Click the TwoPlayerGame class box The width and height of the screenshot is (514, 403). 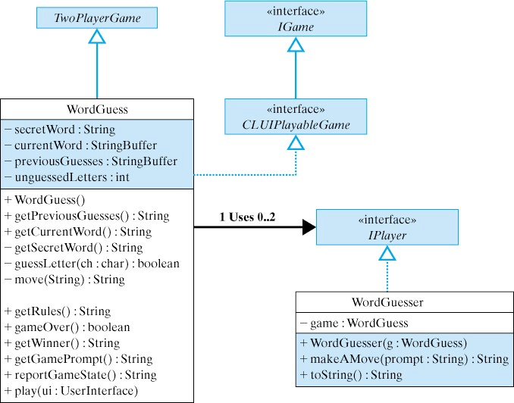98,17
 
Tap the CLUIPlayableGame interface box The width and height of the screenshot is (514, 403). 296,117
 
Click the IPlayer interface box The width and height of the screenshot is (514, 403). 387,228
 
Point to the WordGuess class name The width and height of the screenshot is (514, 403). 97,109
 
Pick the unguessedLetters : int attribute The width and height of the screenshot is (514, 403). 67,177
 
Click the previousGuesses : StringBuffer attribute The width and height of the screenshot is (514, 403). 91,161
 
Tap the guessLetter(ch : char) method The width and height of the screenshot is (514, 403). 92,264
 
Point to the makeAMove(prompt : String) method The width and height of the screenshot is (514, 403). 403,358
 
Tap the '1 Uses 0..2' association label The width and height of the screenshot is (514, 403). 247,217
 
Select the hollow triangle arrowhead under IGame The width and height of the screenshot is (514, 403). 296,45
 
